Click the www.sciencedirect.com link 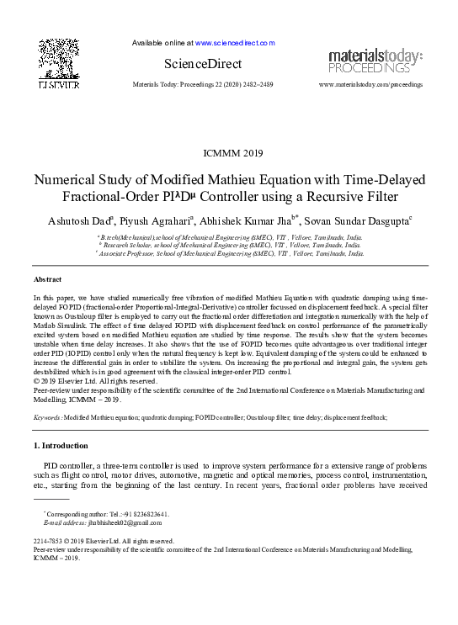[x=235, y=42]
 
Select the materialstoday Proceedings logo [x=375, y=61]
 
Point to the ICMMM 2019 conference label [x=229, y=153]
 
